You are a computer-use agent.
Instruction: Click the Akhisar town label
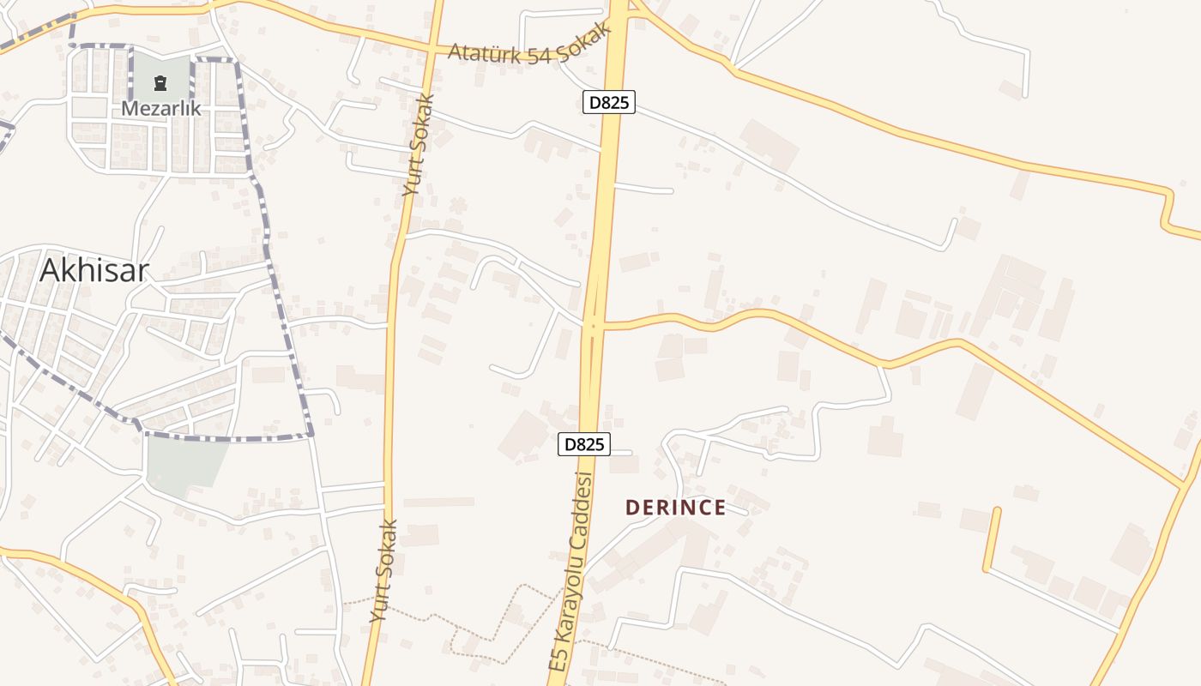coord(94,271)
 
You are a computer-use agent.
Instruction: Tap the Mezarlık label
coord(160,108)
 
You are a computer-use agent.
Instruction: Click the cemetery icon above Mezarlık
coord(160,83)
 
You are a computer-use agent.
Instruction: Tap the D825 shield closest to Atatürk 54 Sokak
coord(609,103)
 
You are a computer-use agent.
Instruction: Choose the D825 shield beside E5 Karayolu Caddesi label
coord(584,444)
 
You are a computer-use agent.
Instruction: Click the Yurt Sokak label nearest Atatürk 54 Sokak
coord(419,146)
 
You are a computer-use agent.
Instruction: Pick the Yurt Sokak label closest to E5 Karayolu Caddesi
coord(384,570)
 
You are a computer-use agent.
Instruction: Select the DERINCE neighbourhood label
coord(676,508)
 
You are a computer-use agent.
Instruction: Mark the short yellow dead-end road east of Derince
coord(992,539)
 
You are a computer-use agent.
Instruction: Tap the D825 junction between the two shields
coord(593,325)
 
